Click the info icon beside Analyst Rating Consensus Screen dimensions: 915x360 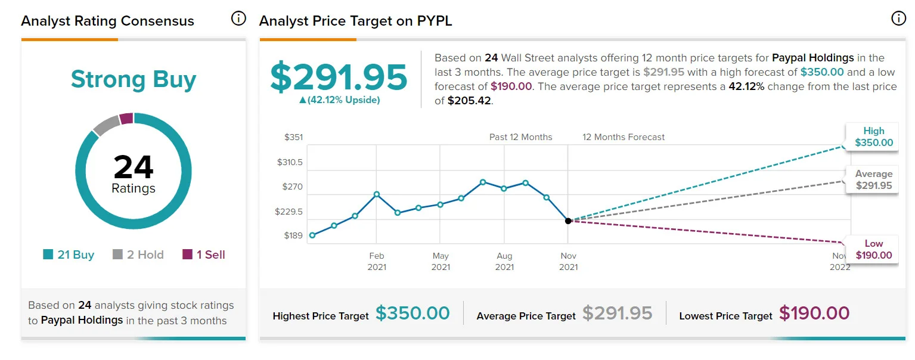[238, 18]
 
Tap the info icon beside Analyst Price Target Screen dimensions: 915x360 [898, 18]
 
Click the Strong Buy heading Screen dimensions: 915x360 [134, 79]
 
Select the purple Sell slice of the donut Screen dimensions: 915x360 [126, 119]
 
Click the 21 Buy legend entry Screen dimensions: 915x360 [69, 255]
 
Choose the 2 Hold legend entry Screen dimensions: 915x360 [138, 255]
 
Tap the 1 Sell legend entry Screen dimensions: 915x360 [204, 255]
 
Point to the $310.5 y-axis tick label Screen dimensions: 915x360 [290, 162]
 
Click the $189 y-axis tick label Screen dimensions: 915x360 [293, 235]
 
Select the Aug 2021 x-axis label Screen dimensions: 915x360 [504, 261]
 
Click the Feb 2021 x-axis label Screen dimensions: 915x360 [377, 261]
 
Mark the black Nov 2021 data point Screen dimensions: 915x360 [568, 221]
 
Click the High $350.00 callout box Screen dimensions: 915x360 [872, 137]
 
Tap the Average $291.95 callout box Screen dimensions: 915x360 [872, 180]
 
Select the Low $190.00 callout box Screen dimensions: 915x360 [872, 249]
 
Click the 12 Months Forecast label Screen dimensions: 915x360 [624, 137]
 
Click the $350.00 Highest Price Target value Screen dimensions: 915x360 [412, 314]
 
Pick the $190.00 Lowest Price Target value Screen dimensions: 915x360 [814, 314]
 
